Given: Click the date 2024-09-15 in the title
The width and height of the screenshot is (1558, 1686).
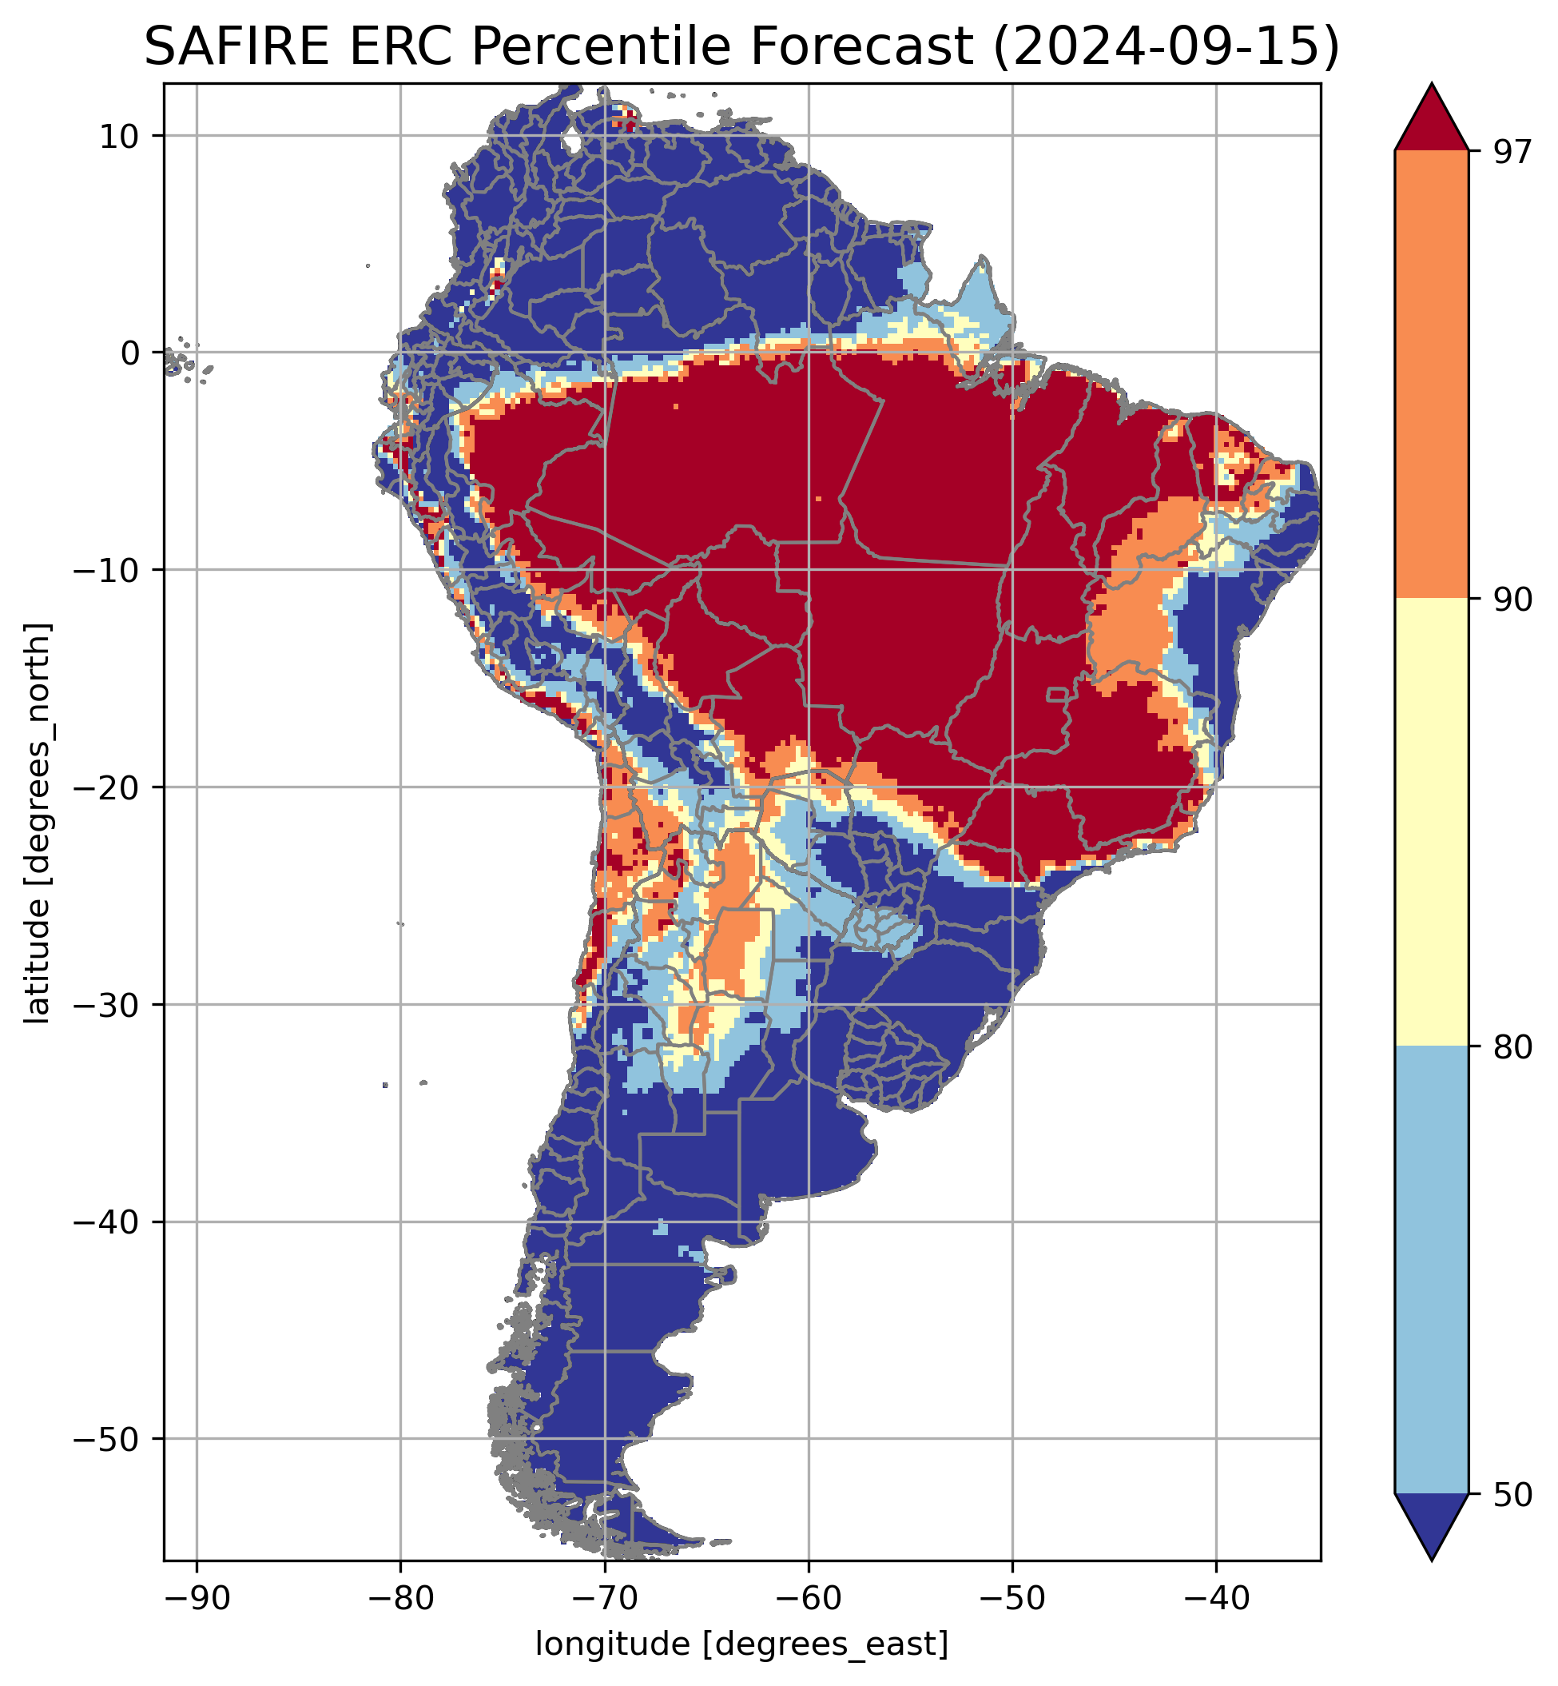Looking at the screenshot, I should pyautogui.click(x=1166, y=46).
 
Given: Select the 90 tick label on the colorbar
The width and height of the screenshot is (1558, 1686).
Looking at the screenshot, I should pyautogui.click(x=1512, y=601).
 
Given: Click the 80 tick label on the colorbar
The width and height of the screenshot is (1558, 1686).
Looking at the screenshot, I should pyautogui.click(x=1512, y=1048).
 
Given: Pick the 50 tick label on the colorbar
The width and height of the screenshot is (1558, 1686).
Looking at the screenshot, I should pyautogui.click(x=1512, y=1497).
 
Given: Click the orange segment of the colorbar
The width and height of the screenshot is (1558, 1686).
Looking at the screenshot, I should pyautogui.click(x=1431, y=375).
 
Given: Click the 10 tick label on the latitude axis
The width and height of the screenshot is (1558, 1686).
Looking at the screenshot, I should pyautogui.click(x=119, y=136).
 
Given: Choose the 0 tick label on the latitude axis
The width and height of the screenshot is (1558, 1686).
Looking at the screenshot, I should pyautogui.click(x=129, y=353).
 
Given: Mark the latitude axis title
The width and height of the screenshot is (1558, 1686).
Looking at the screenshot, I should pyautogui.click(x=37, y=823).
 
